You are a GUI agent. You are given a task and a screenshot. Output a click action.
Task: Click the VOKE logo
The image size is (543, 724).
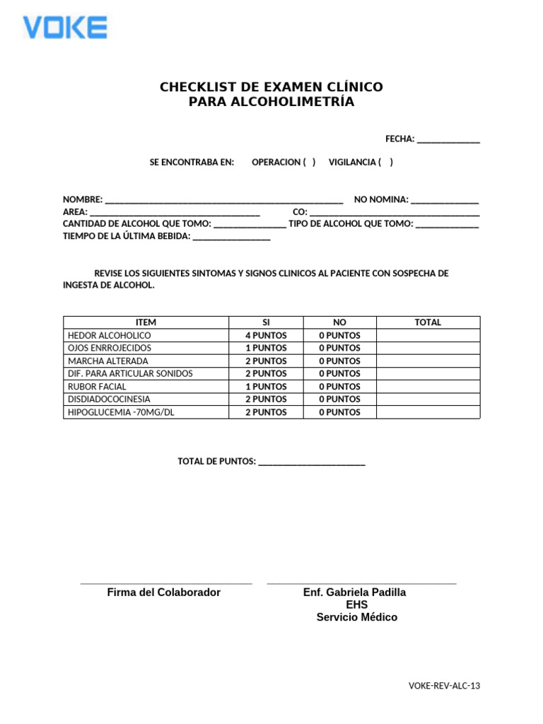coord(65,28)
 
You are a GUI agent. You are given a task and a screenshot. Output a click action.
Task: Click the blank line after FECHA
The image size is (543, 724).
coord(448,140)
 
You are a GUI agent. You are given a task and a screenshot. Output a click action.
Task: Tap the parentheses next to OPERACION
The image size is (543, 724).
coord(309,163)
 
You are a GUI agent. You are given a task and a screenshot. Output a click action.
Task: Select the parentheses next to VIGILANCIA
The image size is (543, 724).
coord(385,163)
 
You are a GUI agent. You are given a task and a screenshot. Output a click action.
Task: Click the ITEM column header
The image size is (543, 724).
coord(146,322)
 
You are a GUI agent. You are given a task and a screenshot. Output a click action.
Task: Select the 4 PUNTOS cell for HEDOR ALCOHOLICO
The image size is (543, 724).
coord(266,336)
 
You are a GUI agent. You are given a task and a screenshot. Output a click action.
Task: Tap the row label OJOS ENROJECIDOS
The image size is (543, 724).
coord(109,349)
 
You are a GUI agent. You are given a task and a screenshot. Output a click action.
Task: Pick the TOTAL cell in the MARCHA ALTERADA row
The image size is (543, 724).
coord(428,361)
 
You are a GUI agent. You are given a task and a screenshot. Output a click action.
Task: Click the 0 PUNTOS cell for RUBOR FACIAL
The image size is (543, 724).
coord(339,387)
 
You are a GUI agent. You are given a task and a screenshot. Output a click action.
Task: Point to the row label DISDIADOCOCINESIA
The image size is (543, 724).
coord(109,399)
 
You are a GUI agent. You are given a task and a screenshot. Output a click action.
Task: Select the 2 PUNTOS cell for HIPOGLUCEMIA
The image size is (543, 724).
coord(266,412)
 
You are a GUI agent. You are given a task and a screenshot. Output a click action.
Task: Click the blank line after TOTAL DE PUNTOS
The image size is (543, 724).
coord(312,462)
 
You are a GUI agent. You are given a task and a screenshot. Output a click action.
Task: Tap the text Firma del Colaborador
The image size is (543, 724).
coord(163,592)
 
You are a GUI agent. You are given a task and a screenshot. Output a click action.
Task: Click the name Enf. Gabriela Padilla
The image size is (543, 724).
coord(354,592)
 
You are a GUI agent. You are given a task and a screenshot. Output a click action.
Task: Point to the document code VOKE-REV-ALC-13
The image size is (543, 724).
coord(444,686)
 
